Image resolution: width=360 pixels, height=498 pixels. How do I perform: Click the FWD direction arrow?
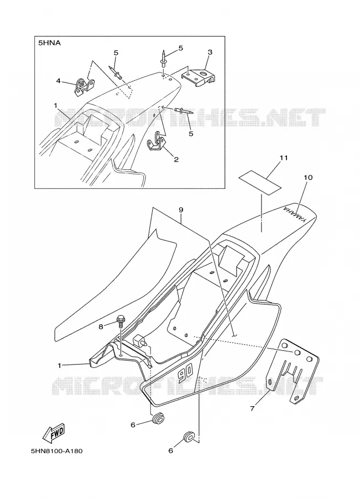[54, 433]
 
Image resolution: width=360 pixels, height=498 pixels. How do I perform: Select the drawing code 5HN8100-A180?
[57, 451]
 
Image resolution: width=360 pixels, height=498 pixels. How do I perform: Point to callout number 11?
[284, 158]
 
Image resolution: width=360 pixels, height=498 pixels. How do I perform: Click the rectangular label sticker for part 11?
[260, 182]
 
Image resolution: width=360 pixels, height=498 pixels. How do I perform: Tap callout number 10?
[308, 178]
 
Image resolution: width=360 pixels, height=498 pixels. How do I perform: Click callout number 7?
[252, 408]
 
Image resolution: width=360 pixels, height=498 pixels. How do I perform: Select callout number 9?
[181, 210]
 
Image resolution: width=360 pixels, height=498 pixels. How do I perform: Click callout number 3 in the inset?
[210, 52]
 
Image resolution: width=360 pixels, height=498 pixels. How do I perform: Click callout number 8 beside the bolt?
[101, 326]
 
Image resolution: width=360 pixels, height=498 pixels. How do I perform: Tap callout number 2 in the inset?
[176, 159]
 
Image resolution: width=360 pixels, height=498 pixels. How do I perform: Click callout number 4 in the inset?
[59, 81]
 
